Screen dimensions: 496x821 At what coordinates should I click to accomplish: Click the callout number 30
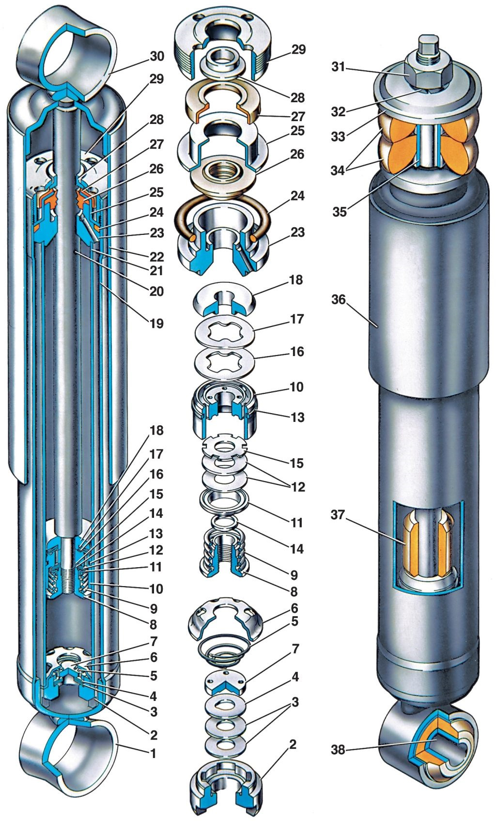click(x=156, y=56)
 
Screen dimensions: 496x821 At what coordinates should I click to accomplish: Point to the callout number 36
click(x=339, y=299)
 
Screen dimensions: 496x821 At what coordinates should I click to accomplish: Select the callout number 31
click(x=339, y=67)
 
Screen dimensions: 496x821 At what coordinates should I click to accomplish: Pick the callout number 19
click(x=156, y=324)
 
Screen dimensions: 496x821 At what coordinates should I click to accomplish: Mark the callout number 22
click(x=156, y=257)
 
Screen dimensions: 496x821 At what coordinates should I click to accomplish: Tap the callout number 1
click(x=153, y=754)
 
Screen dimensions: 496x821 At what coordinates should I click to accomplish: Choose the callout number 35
click(x=339, y=212)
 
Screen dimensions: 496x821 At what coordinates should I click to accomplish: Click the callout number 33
click(x=338, y=137)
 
